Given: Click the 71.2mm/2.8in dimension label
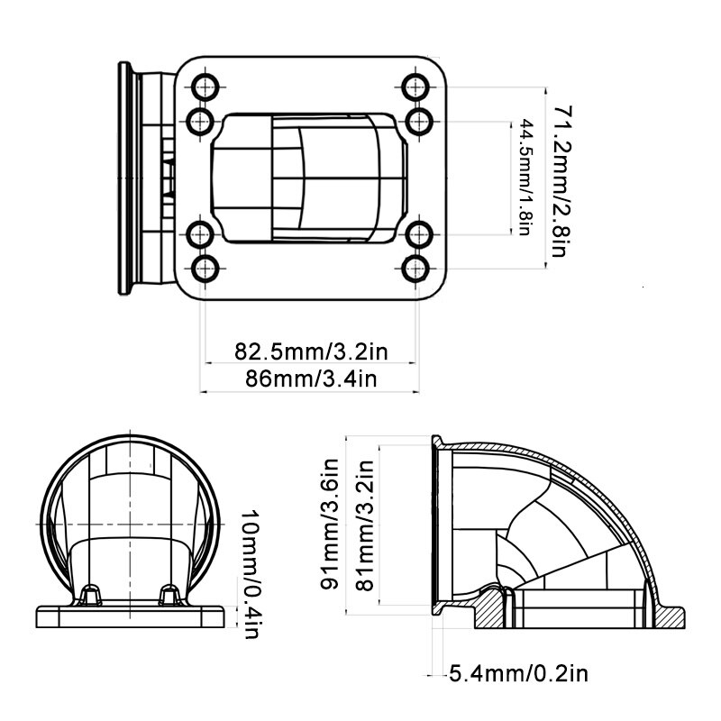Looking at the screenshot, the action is click(562, 181).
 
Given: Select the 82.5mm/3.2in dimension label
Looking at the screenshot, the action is click(311, 351).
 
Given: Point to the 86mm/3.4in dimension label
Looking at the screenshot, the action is click(311, 379).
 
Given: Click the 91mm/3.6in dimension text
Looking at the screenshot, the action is click(330, 525).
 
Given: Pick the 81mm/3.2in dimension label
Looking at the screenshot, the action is click(365, 525).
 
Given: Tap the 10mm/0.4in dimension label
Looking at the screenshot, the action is click(251, 573).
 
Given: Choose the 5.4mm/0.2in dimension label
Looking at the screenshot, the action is click(518, 674).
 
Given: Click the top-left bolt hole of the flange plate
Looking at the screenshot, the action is click(205, 87).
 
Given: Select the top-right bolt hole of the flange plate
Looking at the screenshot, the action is click(415, 87).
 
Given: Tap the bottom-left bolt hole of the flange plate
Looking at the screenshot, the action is click(205, 269).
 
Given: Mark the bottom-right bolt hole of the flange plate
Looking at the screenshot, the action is click(415, 269).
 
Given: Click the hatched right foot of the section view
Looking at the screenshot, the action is click(669, 616).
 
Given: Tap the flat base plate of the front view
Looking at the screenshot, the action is click(131, 616).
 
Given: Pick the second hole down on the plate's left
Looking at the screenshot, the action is click(200, 122).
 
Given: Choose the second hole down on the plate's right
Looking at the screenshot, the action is click(419, 122).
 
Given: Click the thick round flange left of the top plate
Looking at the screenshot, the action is click(124, 178).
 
